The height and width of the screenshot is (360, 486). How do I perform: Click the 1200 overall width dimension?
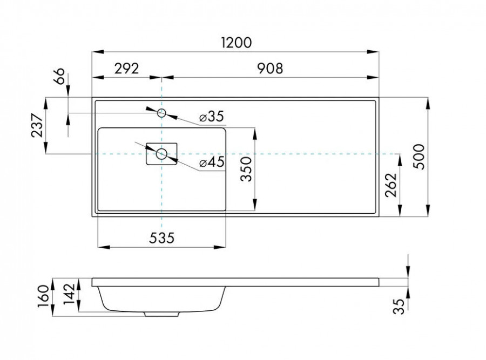click(236, 42)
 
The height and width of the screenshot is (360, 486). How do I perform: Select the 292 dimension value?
click(126, 69)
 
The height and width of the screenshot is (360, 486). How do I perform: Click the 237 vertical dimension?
click(37, 126)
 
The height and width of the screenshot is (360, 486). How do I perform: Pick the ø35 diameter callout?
click(211, 117)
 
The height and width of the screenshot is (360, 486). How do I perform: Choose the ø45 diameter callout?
click(211, 162)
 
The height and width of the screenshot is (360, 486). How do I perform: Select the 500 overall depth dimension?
click(420, 157)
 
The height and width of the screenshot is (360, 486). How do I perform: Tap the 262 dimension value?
click(392, 186)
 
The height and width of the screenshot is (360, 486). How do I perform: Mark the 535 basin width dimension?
click(160, 237)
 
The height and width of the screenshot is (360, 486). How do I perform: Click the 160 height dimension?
click(45, 296)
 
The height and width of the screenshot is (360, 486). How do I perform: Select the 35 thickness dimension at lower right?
click(400, 307)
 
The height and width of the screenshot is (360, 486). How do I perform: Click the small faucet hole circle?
click(161, 113)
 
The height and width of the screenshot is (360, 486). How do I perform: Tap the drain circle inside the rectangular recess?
click(161, 154)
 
